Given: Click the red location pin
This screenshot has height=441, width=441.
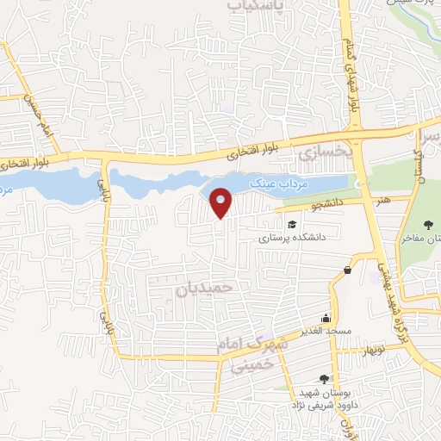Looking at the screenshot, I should (x=222, y=202).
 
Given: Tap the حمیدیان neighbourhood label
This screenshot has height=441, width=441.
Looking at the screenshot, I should (x=205, y=287).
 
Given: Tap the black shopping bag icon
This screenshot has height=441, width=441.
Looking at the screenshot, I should (x=347, y=270).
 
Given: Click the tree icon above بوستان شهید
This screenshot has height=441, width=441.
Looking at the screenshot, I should (x=323, y=378).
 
